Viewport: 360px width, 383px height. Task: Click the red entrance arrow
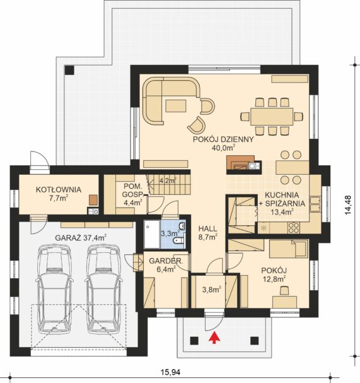(214, 338)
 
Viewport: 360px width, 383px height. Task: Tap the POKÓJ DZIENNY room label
(223, 139)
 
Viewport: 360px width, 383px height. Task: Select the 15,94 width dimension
(170, 372)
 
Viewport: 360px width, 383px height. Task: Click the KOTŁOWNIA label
(59, 189)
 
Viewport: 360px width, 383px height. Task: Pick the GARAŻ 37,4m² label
(81, 238)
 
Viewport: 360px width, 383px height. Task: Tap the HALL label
(207, 229)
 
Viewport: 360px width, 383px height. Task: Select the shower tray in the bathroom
(151, 234)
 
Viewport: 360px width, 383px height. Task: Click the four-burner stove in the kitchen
(293, 227)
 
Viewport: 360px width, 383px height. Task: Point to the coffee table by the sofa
(176, 106)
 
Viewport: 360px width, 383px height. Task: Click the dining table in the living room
(271, 117)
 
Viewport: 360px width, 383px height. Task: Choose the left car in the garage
(54, 289)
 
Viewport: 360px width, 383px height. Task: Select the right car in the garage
(103, 289)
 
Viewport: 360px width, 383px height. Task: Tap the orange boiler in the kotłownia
(93, 200)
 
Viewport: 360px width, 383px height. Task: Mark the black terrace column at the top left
(69, 70)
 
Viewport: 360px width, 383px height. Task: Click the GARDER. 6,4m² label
(166, 265)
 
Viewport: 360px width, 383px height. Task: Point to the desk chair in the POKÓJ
(284, 290)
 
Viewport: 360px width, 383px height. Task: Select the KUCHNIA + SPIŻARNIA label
(285, 203)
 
